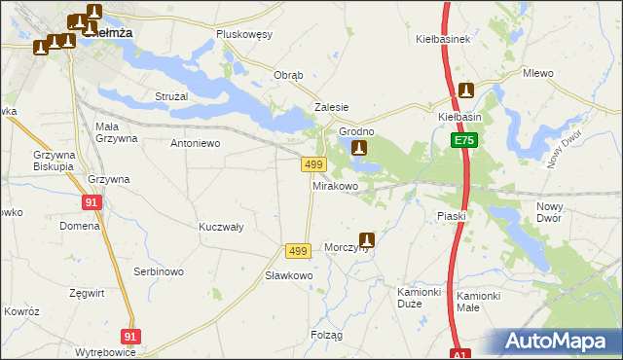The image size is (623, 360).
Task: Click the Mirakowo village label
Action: [x=336, y=185]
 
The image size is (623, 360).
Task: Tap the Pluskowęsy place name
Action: [x=244, y=34]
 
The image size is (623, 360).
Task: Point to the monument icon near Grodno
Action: [x=359, y=149]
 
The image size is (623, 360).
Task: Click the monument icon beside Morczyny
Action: [x=367, y=239]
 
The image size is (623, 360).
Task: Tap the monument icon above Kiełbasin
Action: [x=466, y=91]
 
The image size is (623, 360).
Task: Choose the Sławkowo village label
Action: [x=289, y=275]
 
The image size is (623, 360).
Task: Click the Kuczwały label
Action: [x=221, y=226]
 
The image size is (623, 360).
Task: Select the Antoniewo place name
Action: [x=196, y=143]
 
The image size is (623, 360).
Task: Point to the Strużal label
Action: [x=171, y=96]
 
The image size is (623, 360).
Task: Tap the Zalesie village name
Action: [x=331, y=108]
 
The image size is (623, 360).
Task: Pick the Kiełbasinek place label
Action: [x=443, y=40]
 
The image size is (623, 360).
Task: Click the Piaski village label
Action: [x=452, y=216]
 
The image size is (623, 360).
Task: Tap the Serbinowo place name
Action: [x=159, y=271]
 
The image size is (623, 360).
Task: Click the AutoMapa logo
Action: [x=559, y=341]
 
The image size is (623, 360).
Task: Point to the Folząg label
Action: [x=327, y=335]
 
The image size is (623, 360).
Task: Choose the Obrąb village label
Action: [x=289, y=76]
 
